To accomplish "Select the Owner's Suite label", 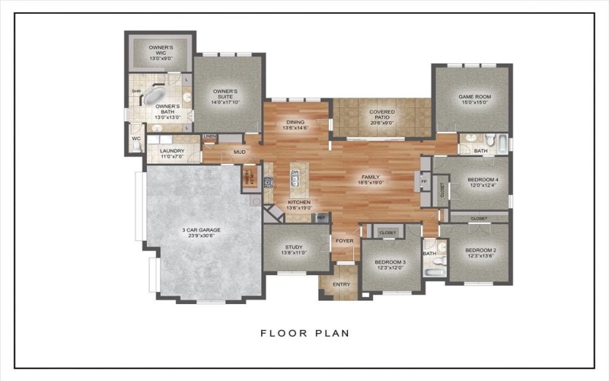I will (x=226, y=93).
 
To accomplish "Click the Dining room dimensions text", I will (x=295, y=128).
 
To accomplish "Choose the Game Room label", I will (x=471, y=98).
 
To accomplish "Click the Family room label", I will (x=370, y=178).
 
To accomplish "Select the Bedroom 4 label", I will (x=481, y=181).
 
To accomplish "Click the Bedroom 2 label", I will (x=480, y=251).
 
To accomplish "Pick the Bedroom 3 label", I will (x=391, y=262).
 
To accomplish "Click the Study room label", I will (x=295, y=248).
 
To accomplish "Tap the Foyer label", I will (x=345, y=241).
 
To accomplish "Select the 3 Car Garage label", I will (x=201, y=231).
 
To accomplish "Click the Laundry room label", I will (x=173, y=152).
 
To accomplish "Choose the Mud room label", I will (x=240, y=152).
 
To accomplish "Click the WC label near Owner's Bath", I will (x=136, y=139).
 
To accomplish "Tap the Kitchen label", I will (x=298, y=202).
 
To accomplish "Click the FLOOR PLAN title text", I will (x=304, y=333).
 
